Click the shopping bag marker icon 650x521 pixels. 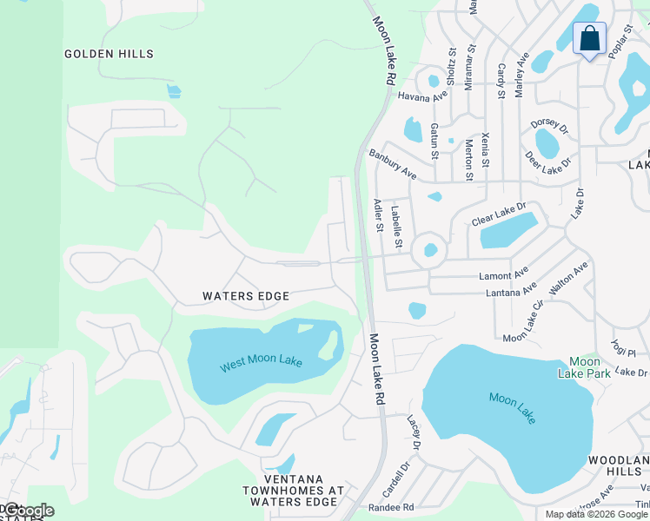pos(589,40)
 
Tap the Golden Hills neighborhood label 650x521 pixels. pos(109,54)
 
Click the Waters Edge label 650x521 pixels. pos(246,296)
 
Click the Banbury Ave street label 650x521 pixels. pos(392,164)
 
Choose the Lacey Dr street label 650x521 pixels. pos(414,432)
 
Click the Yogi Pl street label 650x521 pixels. pos(623,346)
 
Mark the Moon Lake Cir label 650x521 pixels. pos(522,320)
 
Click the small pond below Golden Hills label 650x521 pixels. pos(174,90)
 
